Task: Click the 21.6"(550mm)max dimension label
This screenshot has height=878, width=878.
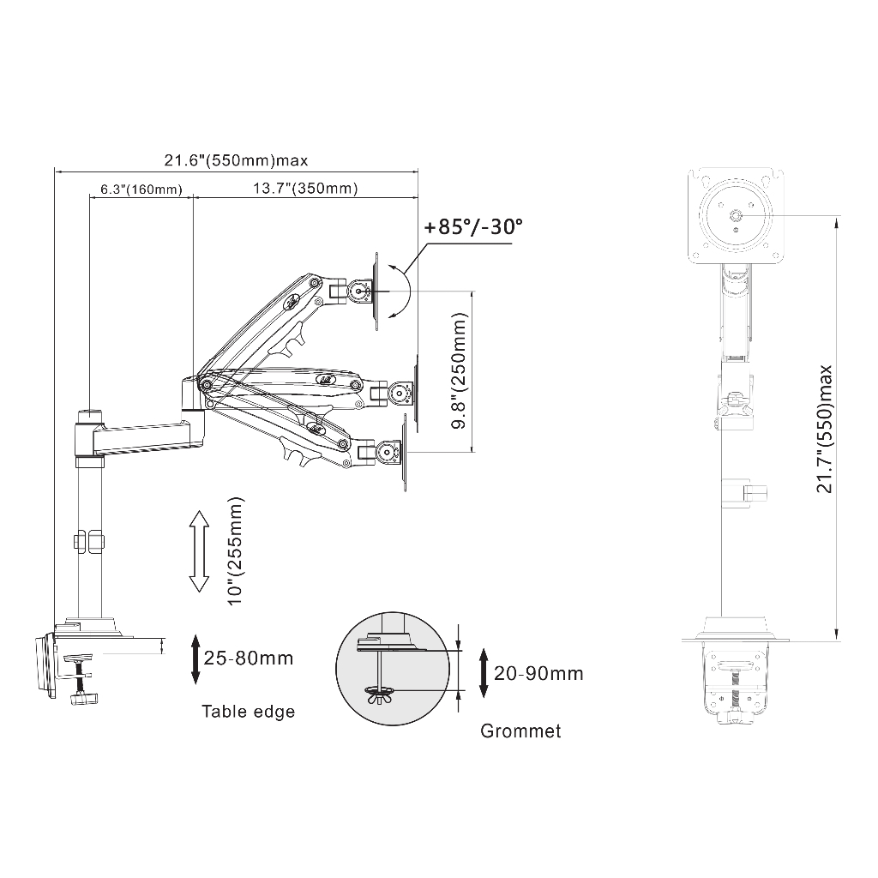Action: pos(236,160)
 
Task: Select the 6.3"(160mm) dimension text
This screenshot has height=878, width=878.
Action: pos(141,189)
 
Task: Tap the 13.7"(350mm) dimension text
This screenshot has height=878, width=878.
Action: pos(305,188)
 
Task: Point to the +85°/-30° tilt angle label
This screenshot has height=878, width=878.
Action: pos(473,226)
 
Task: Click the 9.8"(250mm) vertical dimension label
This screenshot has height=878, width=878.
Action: pos(460,370)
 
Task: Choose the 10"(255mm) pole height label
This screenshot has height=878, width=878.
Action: pos(236,550)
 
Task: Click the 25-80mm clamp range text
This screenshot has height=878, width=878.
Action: pos(249,658)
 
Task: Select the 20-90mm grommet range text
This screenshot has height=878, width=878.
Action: pos(538,673)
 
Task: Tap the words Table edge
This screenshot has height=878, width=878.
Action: pos(248,712)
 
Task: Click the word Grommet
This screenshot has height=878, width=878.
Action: pos(520,731)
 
